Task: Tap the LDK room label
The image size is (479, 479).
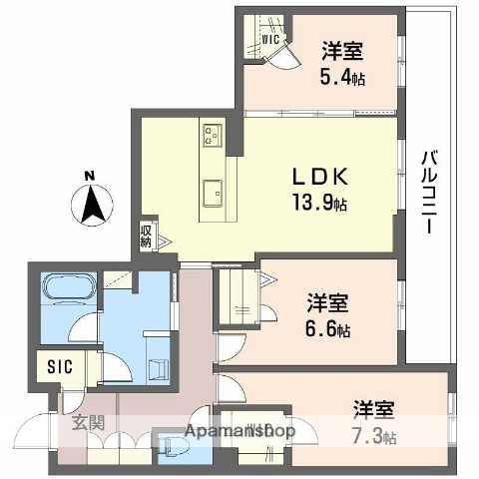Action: [319, 177]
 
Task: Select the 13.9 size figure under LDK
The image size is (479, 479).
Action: [320, 205]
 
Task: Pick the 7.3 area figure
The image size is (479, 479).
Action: [373, 436]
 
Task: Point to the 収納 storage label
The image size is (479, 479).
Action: [146, 237]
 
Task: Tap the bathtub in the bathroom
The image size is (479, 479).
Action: [68, 295]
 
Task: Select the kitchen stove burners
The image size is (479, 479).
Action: [213, 132]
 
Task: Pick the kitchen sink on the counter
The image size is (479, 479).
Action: [212, 190]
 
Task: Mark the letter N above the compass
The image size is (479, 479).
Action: [89, 178]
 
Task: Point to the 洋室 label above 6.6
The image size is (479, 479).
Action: [326, 300]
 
